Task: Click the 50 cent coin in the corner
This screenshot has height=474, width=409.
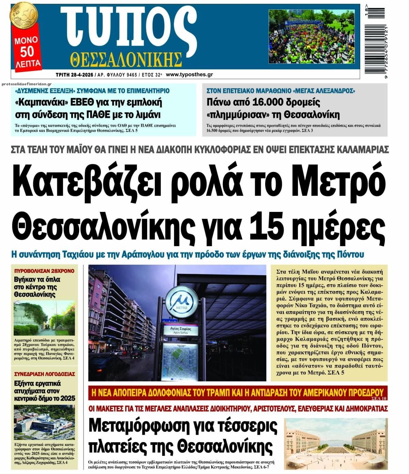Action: [24, 15]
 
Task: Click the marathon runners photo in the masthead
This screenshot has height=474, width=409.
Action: [314, 37]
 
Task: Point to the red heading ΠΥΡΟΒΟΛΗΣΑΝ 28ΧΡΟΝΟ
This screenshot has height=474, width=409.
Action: [44, 271]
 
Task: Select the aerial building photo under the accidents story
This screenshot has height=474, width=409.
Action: [44, 422]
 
